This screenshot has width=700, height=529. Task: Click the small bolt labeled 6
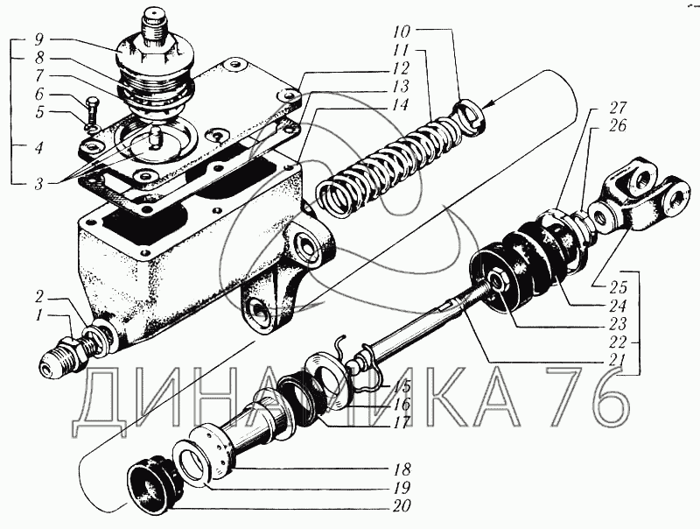click(x=94, y=112)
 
